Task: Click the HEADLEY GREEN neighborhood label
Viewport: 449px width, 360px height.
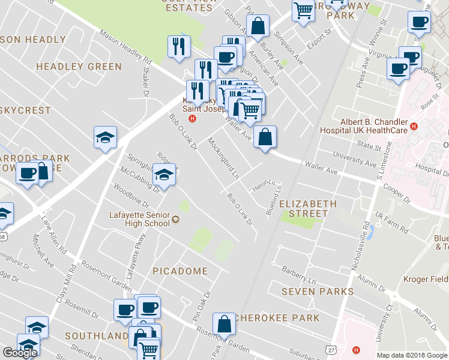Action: point(79,67)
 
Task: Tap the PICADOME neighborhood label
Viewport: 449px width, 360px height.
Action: point(180,271)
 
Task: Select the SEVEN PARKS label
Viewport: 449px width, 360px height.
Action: point(318,292)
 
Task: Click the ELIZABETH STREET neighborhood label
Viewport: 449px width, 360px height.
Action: point(308,208)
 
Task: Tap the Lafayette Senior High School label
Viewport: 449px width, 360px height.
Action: point(139,220)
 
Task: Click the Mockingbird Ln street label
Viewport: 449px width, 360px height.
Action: point(223,158)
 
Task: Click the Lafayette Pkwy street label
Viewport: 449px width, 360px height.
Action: point(136,250)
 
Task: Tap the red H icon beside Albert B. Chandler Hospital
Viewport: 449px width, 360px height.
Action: point(414,127)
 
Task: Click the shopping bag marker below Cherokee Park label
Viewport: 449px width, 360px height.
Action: point(224,325)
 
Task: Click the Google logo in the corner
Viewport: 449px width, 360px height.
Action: point(20,353)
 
